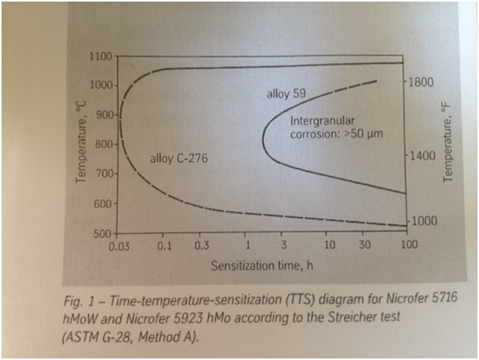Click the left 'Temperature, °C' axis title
coord(81,145)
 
